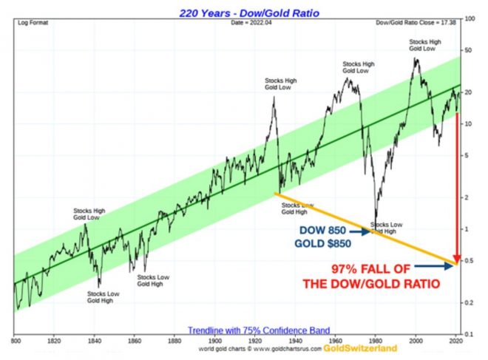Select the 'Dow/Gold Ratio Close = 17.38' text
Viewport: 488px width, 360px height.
pyautogui.click(x=416, y=23)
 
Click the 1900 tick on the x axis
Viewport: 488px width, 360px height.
pyautogui.click(x=214, y=342)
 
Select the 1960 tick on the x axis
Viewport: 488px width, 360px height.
pyautogui.click(x=336, y=342)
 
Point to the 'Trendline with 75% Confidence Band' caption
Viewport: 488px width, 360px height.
pyautogui.click(x=243, y=330)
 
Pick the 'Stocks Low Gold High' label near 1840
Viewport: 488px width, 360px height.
pyautogui.click(x=103, y=297)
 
